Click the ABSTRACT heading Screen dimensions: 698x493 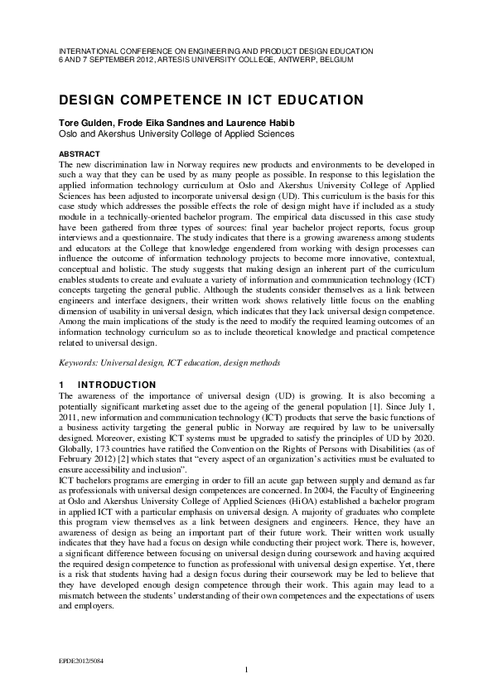[79, 154]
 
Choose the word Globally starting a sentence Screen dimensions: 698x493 [75, 445]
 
